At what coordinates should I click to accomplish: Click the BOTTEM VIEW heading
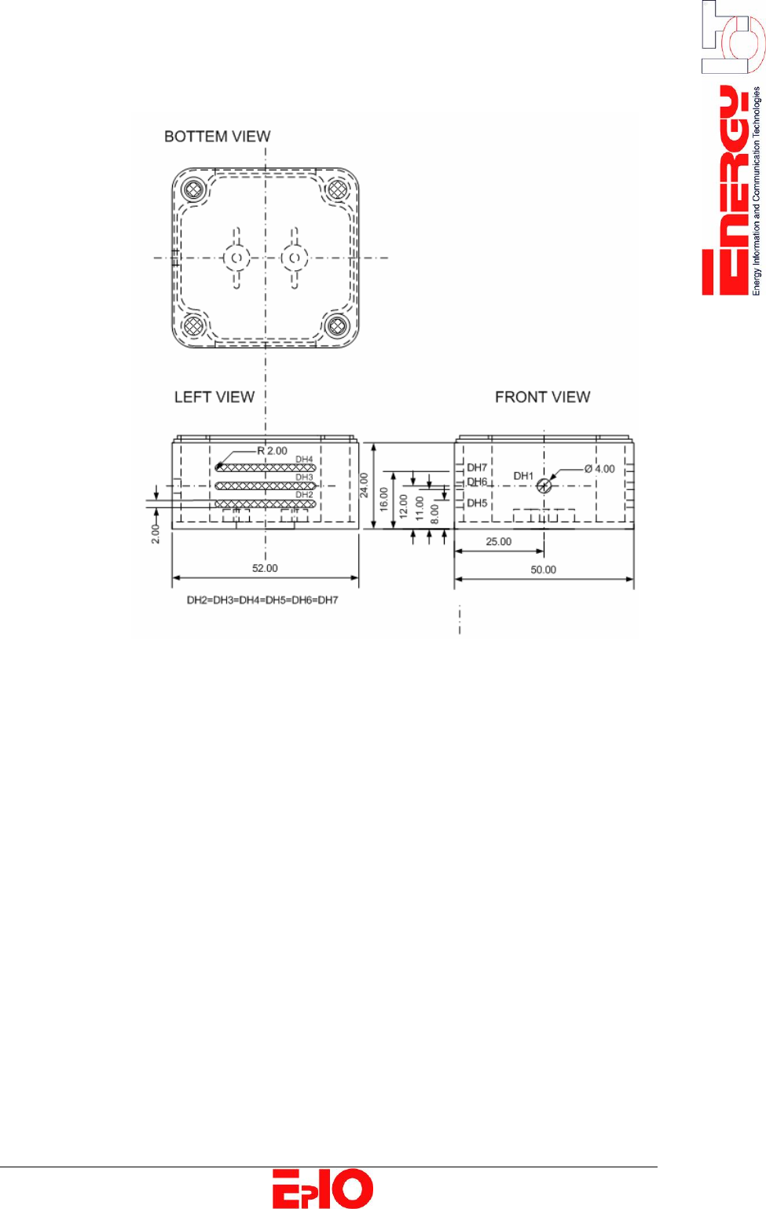(218, 137)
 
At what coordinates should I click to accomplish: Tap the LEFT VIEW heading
(214, 398)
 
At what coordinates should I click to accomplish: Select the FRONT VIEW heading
(543, 398)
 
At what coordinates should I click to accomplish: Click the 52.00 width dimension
(265, 568)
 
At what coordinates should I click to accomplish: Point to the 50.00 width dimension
(543, 570)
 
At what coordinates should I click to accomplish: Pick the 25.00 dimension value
(499, 542)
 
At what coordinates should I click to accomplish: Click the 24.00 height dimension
(365, 485)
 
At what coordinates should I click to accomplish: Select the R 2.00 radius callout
(272, 451)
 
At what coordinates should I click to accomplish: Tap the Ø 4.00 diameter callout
(599, 469)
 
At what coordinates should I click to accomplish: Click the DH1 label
(523, 476)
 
